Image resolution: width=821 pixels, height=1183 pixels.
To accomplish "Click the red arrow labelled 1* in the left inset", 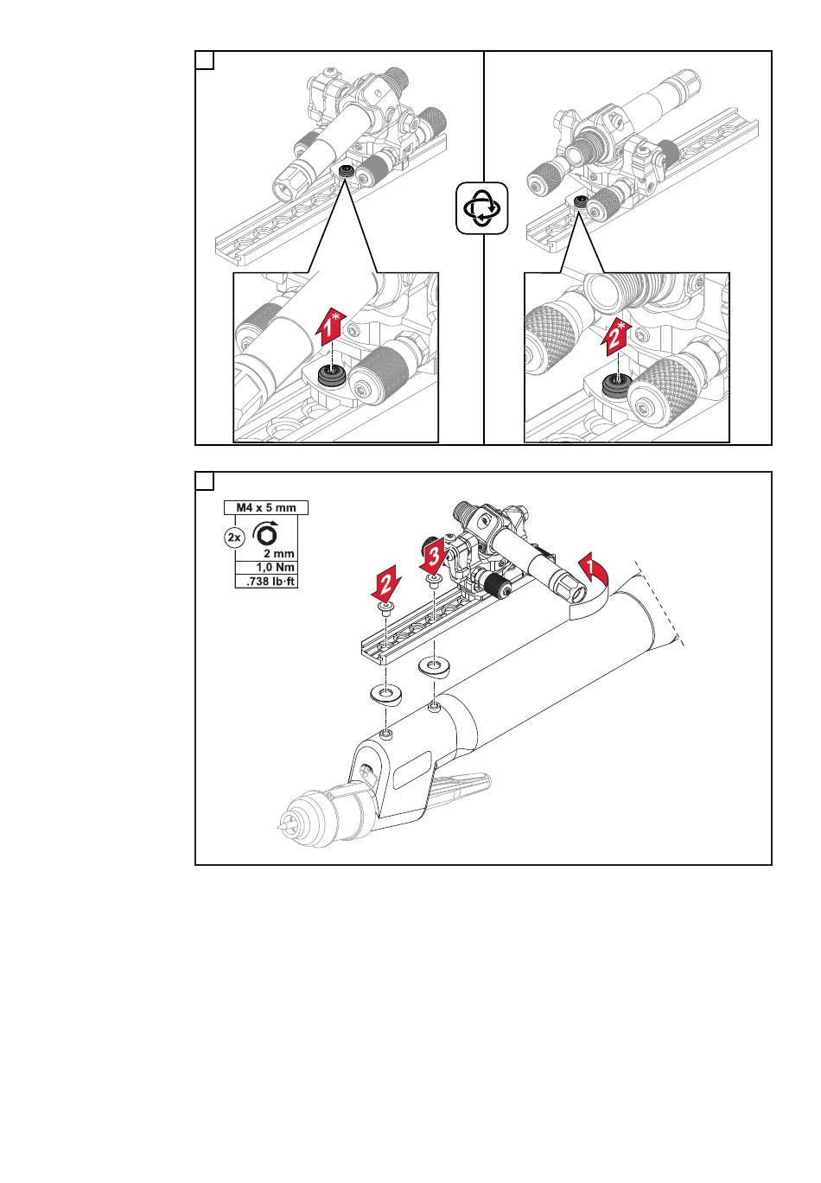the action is click(330, 328).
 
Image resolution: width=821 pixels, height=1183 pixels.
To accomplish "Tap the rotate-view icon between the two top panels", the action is click(482, 207).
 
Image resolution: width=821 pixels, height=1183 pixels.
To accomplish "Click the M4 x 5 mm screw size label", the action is click(265, 507).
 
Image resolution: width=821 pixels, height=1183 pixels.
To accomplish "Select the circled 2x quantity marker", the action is click(233, 537).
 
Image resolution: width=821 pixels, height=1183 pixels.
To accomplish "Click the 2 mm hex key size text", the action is click(279, 553).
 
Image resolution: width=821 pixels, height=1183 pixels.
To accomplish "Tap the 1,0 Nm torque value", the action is click(276, 567).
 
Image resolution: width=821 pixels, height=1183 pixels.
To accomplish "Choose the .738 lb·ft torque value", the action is click(271, 582).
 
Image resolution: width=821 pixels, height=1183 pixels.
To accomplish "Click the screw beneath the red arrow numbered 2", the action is click(385, 610).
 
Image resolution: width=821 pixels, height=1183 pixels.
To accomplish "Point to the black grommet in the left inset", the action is click(331, 376).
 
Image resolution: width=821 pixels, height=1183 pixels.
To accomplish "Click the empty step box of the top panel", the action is click(205, 60).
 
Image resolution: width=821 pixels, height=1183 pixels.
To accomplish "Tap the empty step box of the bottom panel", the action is click(205, 480).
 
